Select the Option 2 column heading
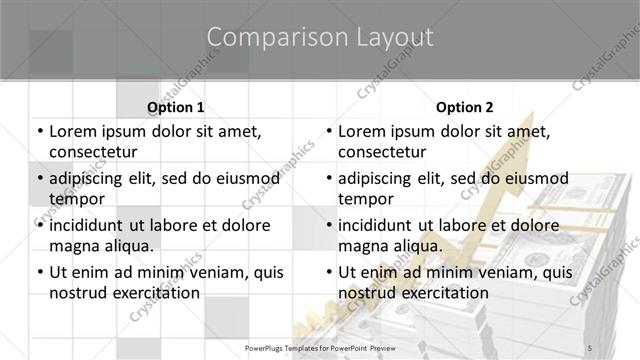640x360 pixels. tap(464, 106)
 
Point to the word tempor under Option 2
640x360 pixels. tap(366, 198)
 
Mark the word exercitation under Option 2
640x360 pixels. tap(445, 292)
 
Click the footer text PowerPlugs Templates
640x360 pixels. tap(290, 348)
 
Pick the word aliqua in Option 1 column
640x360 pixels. tap(127, 245)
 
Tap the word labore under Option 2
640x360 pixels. tap(459, 224)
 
